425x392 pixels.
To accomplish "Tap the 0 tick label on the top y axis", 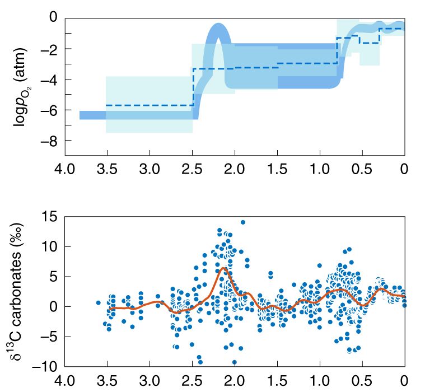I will [x=54, y=18].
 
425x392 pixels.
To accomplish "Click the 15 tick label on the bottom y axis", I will [x=51, y=217].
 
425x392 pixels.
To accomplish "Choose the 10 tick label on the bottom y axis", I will [x=51, y=246].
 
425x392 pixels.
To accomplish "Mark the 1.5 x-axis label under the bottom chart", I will [x=277, y=380].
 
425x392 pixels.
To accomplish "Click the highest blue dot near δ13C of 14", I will [x=243, y=222].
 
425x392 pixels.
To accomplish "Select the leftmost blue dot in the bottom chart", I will [x=99, y=303].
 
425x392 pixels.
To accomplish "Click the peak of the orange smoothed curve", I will [x=223, y=268].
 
